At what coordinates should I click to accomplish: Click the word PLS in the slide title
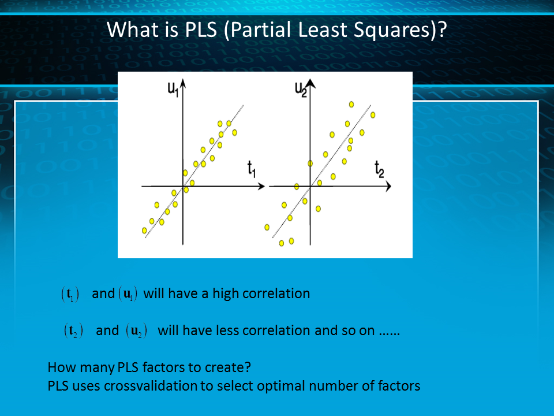click(x=201, y=29)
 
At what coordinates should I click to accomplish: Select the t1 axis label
click(x=252, y=169)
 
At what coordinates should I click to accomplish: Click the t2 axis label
click(x=379, y=169)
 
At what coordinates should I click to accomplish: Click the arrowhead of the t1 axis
click(x=261, y=186)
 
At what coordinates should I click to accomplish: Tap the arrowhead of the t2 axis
click(x=388, y=186)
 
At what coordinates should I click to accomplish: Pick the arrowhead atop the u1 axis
click(x=183, y=83)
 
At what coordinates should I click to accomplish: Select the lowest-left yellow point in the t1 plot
click(x=144, y=231)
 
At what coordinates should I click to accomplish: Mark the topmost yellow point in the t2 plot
click(x=351, y=105)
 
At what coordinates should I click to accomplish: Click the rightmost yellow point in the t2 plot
click(x=373, y=115)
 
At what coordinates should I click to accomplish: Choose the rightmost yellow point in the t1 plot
click(x=234, y=133)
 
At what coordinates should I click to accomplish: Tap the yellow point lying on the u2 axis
click(x=310, y=164)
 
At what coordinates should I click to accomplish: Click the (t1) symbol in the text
click(x=70, y=294)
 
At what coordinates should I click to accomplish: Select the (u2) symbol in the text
click(x=136, y=330)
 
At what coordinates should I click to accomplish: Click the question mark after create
click(x=248, y=367)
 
